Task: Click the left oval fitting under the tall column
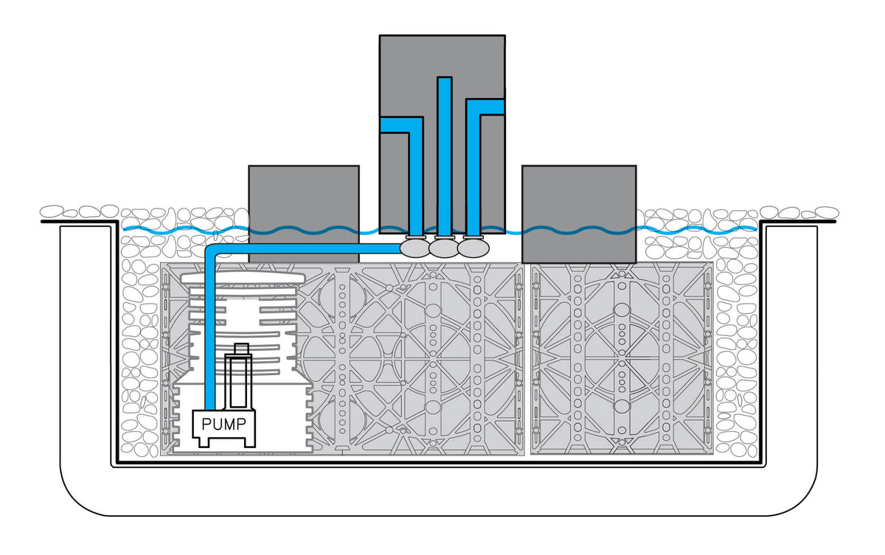[415, 248]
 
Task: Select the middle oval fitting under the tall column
[444, 249]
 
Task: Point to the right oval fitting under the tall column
[473, 248]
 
